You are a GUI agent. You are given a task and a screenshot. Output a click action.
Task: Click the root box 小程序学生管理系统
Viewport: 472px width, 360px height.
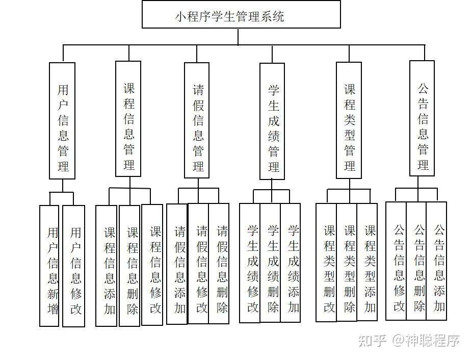[x=241, y=14]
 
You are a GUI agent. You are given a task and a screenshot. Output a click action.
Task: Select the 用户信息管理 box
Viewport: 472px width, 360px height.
[x=62, y=121]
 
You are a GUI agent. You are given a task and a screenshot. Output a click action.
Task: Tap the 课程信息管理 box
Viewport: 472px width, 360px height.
[x=128, y=119]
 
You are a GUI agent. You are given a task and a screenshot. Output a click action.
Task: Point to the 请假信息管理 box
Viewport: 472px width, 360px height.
[x=197, y=120]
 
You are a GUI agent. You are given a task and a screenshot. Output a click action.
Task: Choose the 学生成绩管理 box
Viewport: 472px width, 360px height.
[x=272, y=121]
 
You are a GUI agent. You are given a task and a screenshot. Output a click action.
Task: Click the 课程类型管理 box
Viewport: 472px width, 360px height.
[x=349, y=120]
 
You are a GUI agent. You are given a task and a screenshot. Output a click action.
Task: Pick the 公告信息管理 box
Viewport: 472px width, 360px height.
[x=422, y=118]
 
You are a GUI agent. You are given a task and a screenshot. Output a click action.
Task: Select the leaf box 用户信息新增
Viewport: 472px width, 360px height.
[x=49, y=266]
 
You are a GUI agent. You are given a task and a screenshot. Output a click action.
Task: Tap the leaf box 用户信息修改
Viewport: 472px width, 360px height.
[x=74, y=266]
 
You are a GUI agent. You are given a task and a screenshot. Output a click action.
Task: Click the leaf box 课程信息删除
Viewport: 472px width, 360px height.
[x=129, y=266]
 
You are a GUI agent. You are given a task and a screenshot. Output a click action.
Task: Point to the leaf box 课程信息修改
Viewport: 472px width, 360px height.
[x=152, y=265]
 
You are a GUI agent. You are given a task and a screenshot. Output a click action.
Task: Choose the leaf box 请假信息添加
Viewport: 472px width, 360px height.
[x=177, y=264]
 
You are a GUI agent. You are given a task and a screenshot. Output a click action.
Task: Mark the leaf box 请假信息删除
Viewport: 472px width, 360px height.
[x=219, y=264]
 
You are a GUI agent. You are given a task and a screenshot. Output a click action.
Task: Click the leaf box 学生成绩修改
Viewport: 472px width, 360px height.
[x=250, y=263]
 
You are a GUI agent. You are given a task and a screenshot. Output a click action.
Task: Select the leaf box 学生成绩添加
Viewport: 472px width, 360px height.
[x=291, y=263]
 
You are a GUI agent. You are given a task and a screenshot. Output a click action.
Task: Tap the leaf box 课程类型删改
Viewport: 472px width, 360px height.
[x=326, y=263]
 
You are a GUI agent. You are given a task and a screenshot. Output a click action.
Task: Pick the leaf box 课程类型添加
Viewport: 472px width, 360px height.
[x=367, y=262]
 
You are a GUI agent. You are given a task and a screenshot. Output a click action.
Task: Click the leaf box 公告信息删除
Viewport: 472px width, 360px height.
[x=416, y=261]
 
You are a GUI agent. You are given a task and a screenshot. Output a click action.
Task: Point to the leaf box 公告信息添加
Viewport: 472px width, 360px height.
[x=436, y=261]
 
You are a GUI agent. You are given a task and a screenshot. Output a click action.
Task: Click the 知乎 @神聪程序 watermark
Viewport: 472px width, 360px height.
[x=409, y=341]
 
